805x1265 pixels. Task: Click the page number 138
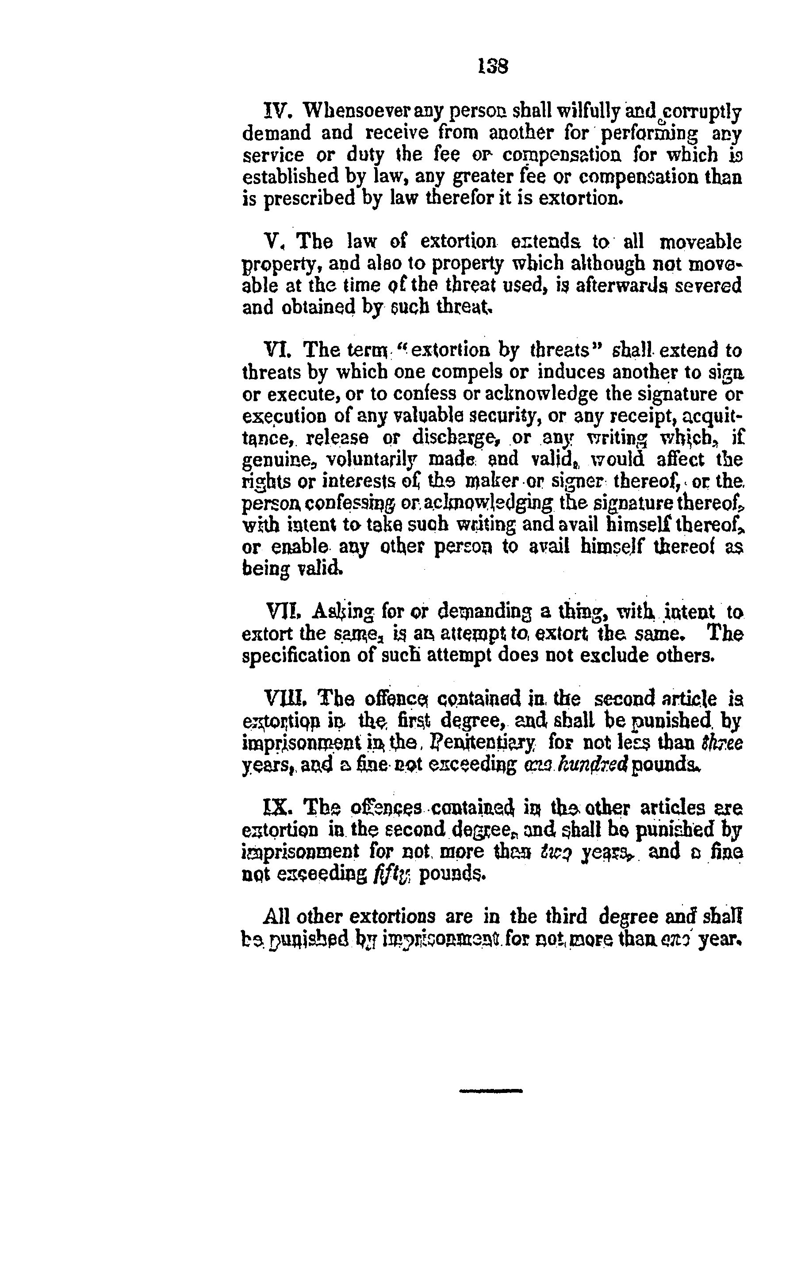(x=493, y=66)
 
